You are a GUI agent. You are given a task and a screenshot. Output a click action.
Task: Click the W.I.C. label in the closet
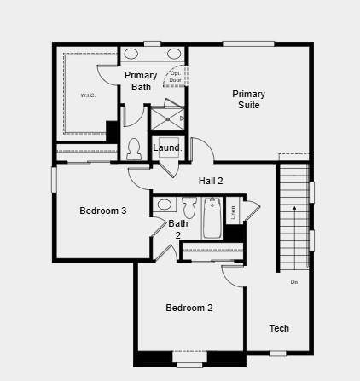pos(88,95)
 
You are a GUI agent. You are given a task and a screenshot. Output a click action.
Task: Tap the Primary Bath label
pos(141,81)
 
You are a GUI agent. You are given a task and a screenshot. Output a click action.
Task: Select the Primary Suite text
pos(248,100)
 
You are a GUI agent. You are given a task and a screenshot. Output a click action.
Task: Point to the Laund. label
pos(167,148)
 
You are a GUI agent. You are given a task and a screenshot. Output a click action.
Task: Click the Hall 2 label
pos(211,181)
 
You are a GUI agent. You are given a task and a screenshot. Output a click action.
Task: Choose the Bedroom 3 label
pos(103,211)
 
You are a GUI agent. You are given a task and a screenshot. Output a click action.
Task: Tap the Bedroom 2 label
pos(189,308)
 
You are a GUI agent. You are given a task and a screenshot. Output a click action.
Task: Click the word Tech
pos(279,328)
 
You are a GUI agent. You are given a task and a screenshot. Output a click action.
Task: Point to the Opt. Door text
pos(176,76)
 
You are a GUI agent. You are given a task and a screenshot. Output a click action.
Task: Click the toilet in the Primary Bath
pos(133,150)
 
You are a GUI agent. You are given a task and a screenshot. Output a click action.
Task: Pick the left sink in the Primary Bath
pos(132,55)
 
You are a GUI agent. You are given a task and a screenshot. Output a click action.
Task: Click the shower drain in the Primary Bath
pos(180,118)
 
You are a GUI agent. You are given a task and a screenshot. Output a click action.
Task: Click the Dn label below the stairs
pos(293,281)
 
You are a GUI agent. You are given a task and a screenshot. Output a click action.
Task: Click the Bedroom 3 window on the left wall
pos(54,180)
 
